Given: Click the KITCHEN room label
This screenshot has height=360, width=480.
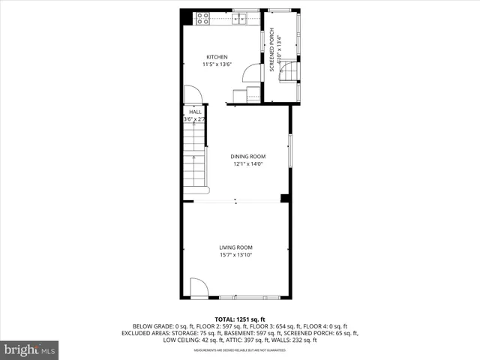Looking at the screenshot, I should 217,57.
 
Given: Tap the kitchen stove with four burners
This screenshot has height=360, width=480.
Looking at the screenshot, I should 202,18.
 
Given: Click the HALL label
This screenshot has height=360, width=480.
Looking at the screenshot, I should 195,112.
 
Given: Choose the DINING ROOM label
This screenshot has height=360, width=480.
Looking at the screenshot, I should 247,157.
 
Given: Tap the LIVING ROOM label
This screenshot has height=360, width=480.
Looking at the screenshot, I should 235,247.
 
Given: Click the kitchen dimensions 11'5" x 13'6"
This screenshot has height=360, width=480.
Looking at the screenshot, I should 217,64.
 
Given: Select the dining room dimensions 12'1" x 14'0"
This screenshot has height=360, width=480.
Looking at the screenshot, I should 247,164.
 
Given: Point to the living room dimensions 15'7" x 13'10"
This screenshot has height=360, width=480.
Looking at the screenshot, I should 235,255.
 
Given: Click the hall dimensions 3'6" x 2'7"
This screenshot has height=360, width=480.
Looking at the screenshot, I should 195,119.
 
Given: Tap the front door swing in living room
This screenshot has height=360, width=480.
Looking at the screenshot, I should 199,287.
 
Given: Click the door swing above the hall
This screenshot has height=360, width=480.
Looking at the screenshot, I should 192,94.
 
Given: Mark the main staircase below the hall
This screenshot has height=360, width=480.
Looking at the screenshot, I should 195,157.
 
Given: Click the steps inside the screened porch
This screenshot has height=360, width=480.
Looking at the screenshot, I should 289,72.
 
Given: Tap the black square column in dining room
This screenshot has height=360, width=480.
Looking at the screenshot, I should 284,199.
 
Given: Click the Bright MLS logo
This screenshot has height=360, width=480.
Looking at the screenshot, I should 30,349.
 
